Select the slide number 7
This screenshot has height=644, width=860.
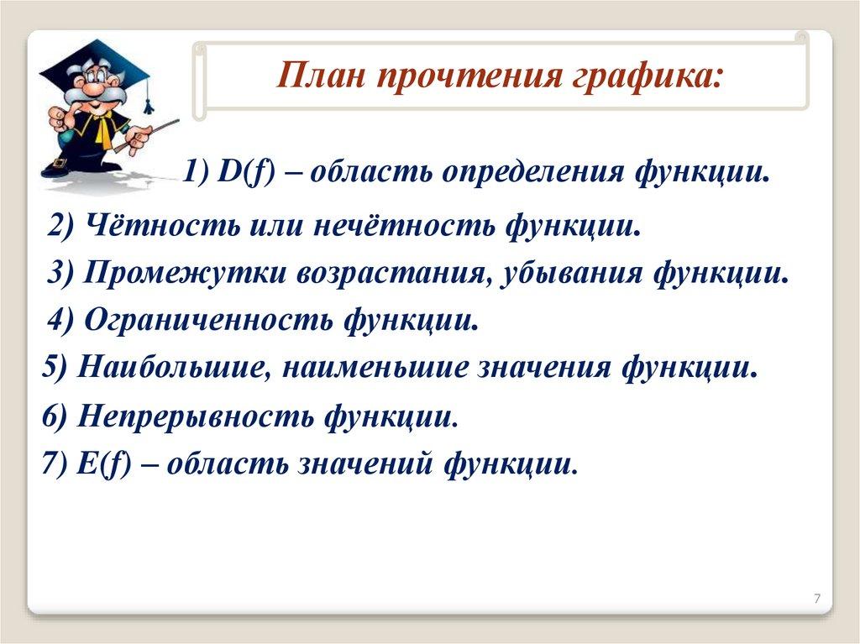(x=817, y=599)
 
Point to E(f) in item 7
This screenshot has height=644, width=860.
(x=105, y=465)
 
